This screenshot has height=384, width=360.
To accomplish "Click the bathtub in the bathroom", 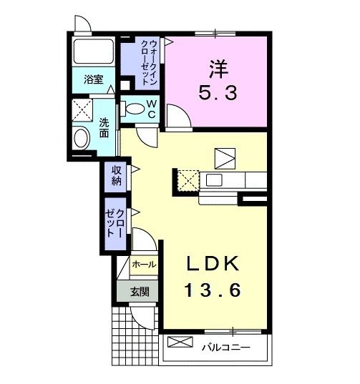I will point(93,51).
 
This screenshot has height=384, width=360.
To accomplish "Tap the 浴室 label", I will point(93,80).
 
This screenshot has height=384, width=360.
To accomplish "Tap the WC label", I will point(152,109).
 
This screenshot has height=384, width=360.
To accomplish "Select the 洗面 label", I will point(104,128).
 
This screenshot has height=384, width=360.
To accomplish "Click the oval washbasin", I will point(82,137).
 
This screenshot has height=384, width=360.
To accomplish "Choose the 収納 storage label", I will point(115,174).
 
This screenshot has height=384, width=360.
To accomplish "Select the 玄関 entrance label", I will point(140,291).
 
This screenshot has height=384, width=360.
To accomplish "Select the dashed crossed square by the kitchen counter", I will point(188,180).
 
